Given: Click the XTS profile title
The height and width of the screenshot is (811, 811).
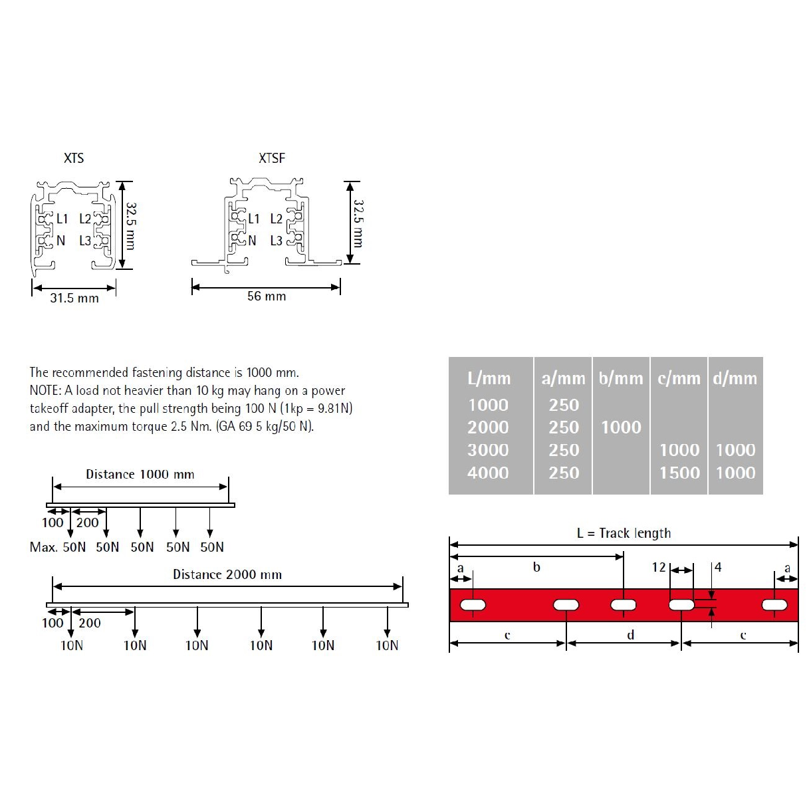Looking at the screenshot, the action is [x=74, y=158].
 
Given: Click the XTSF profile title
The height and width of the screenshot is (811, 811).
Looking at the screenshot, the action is [x=271, y=158].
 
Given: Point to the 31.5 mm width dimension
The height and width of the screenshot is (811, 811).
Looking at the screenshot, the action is [x=74, y=298].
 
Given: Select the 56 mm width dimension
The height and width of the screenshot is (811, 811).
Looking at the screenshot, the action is [x=267, y=296].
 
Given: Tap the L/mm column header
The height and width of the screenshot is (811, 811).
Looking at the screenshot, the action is [x=489, y=378].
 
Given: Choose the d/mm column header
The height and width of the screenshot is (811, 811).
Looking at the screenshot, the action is [x=735, y=378].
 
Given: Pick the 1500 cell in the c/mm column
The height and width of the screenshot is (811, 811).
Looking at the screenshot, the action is [x=679, y=473].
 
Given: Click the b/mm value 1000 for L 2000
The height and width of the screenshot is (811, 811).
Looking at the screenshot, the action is [x=621, y=427].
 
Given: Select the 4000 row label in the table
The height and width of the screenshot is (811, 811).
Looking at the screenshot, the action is [x=488, y=473].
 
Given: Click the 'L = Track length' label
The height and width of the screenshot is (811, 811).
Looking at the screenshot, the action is [x=624, y=533].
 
